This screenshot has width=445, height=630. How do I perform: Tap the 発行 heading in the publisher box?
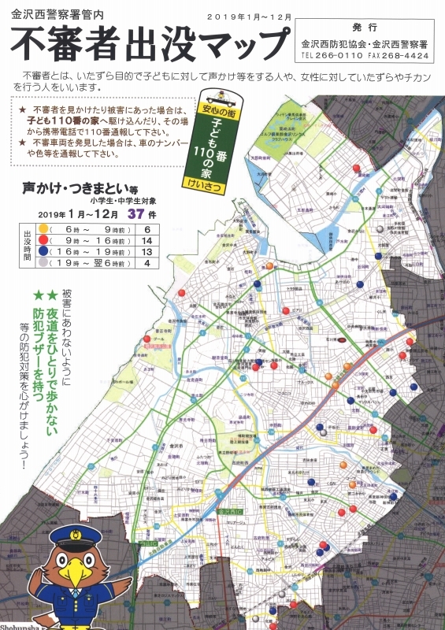point(366,25)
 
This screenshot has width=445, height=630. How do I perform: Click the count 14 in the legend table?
point(146,239)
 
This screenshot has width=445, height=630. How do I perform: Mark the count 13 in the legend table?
point(146,251)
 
